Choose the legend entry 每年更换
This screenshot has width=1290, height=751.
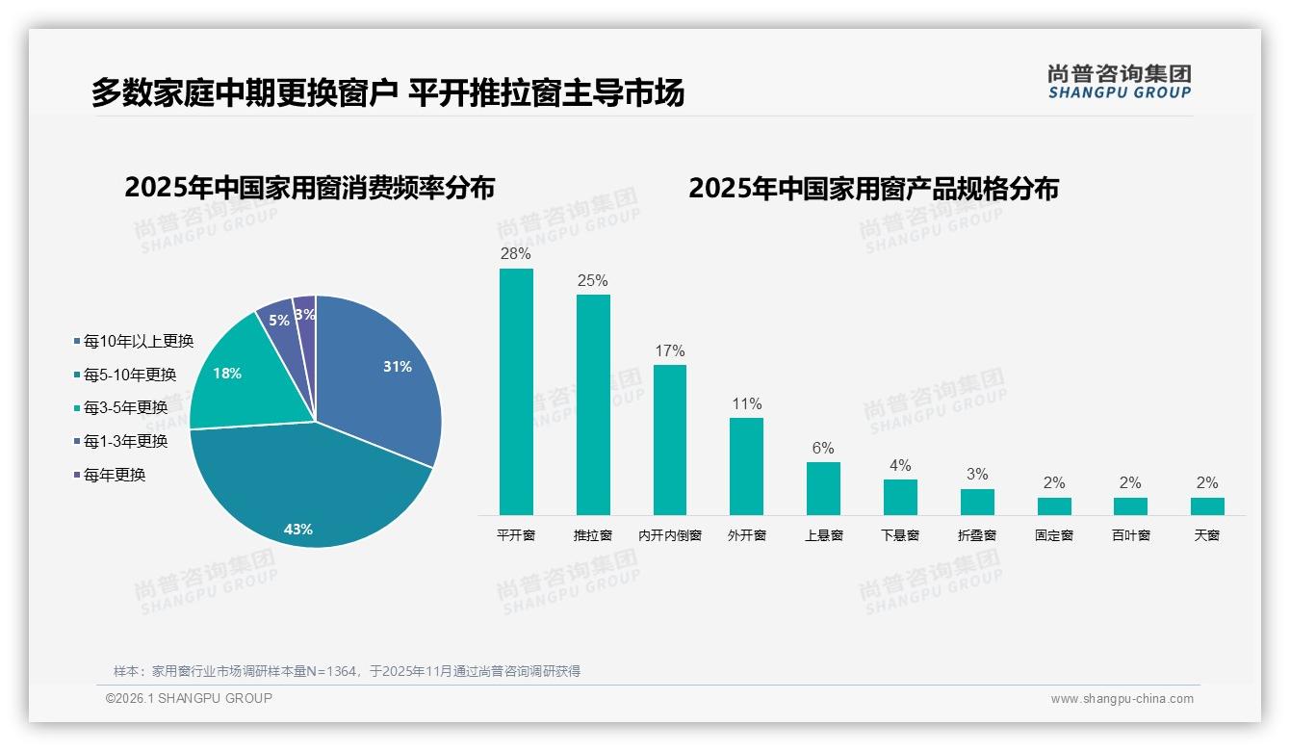[114, 475]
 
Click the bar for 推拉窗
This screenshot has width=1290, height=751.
[593, 404]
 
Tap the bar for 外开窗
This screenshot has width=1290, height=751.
[746, 466]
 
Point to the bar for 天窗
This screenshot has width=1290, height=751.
[1207, 506]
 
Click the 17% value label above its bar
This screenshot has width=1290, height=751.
[670, 351]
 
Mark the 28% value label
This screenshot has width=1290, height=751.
[516, 254]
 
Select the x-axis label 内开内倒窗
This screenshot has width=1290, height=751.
[670, 535]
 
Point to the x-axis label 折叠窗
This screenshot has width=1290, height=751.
[977, 535]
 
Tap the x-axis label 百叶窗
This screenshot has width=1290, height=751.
[1130, 535]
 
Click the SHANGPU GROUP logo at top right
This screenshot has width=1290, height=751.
[1120, 82]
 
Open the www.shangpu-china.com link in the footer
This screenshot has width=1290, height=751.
[1122, 699]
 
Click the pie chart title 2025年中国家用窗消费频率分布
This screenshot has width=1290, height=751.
[309, 188]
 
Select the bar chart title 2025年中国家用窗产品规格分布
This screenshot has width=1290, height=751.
[873, 188]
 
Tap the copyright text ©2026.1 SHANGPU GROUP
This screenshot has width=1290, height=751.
[189, 698]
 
